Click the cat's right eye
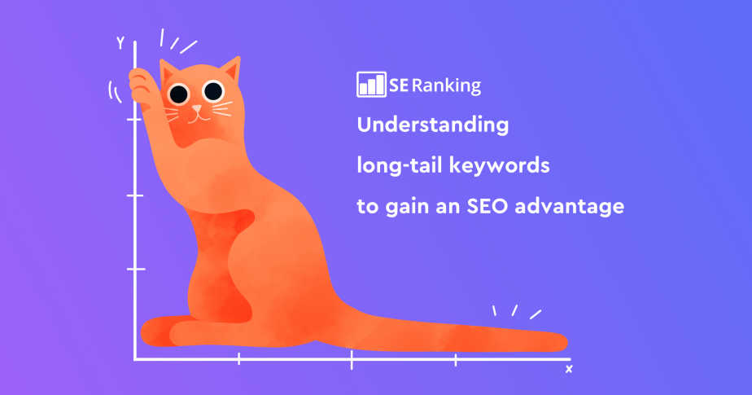[213, 90]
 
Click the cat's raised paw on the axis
[141, 81]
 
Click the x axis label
[568, 369]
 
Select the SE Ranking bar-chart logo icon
[370, 85]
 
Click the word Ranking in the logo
[447, 86]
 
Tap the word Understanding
[432, 126]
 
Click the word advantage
[575, 206]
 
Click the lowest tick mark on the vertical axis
[135, 268]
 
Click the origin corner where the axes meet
[135, 358]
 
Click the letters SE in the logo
[399, 86]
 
